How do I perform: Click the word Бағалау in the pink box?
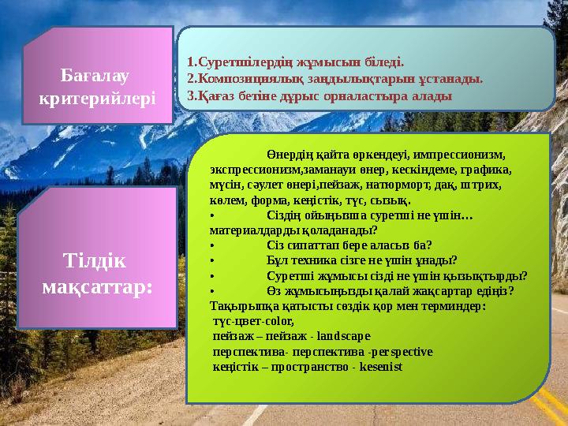(96, 77)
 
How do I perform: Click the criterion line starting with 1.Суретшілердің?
(295, 61)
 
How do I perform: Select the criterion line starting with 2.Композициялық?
(334, 79)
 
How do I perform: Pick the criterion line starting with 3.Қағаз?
(319, 96)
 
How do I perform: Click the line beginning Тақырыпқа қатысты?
(347, 305)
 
